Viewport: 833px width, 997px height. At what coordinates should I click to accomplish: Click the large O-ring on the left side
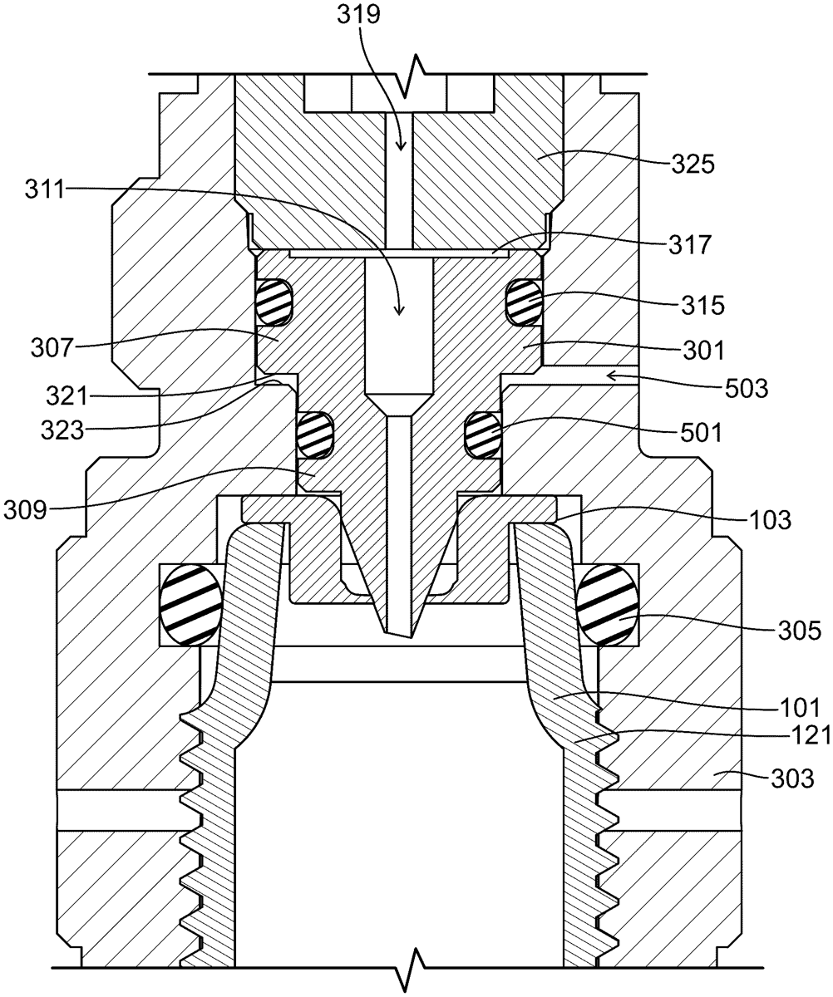pyautogui.click(x=190, y=605)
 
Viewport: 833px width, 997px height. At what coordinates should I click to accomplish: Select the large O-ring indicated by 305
pyautogui.click(x=609, y=605)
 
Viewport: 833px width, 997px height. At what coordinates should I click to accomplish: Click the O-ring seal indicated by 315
pyautogui.click(x=525, y=301)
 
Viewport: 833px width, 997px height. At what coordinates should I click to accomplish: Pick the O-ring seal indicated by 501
pyautogui.click(x=481, y=433)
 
